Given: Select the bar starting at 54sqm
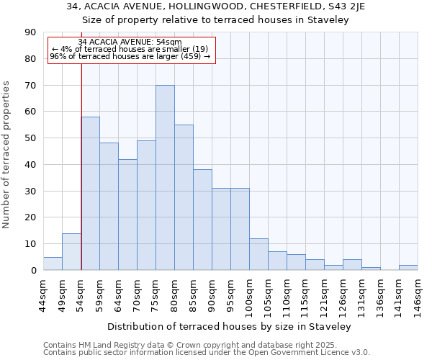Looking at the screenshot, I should click(90, 194).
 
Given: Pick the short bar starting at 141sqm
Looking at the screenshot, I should click(408, 268).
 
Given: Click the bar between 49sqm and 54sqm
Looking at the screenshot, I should click(71, 252).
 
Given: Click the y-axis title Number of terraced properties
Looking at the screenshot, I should click(7, 155).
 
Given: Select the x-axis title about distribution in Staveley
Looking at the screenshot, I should click(230, 327).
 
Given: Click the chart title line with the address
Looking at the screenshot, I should click(215, 6).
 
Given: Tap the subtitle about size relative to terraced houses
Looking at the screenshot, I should click(215, 20).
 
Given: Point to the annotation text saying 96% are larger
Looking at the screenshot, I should click(130, 56).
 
